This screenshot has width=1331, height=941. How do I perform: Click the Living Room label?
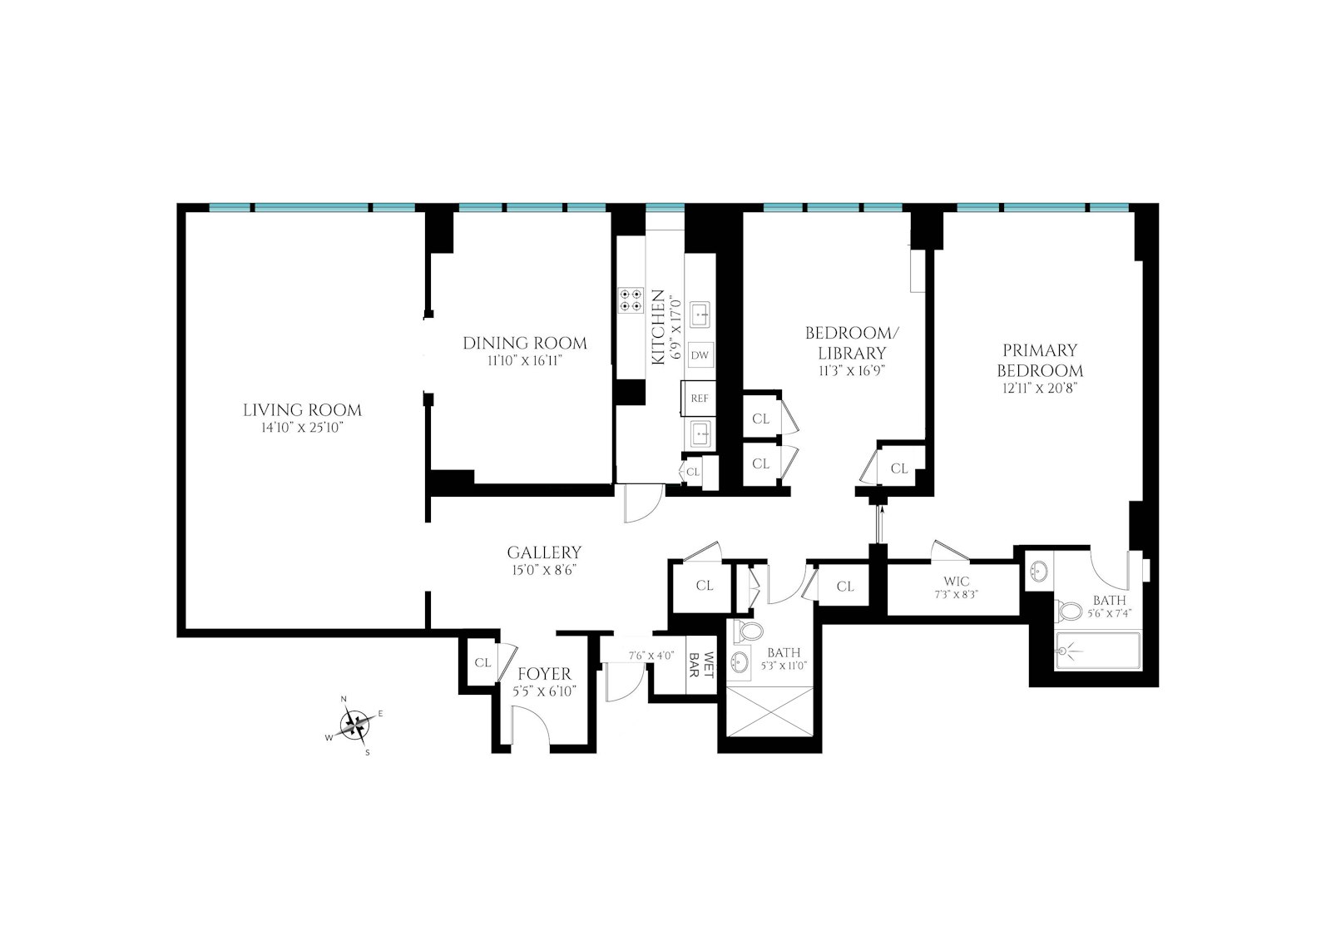tap(302, 409)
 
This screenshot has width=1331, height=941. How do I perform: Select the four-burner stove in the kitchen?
tap(631, 300)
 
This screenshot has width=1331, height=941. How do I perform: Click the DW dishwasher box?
tap(700, 355)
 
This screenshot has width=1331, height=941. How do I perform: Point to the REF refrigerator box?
tap(700, 398)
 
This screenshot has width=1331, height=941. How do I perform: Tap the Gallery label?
tap(544, 552)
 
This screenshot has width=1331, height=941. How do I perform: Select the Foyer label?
tap(544, 674)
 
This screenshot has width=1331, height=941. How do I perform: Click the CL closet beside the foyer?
tap(482, 663)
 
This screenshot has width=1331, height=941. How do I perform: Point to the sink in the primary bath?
tap(1039, 572)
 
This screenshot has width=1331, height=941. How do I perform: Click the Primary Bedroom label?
tap(1040, 360)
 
